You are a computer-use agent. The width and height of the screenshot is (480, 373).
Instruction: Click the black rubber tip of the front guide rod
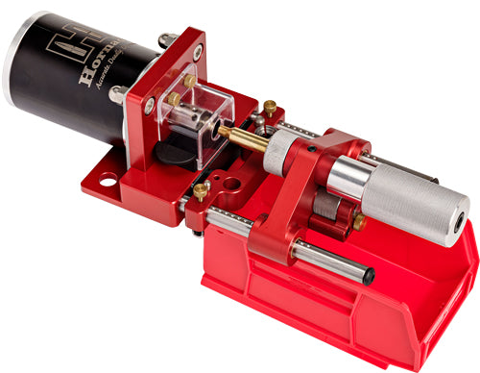coord(371,278)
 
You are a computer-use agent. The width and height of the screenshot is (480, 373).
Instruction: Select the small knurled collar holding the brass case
coord(279,151)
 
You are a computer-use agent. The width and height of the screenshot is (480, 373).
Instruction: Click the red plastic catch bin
coord(384,308)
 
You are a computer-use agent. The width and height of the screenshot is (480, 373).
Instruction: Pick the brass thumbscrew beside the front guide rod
coord(200,191)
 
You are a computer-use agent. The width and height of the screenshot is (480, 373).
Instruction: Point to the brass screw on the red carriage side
coord(358,222)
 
